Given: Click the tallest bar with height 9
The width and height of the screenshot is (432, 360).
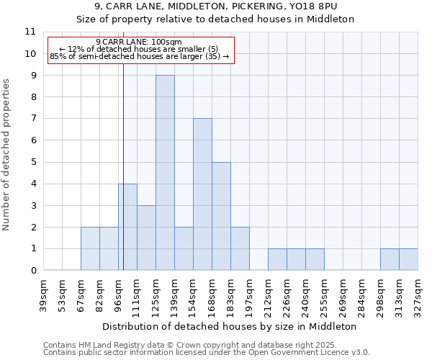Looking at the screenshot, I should click(165, 173).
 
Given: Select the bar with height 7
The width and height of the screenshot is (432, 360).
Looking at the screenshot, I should click(202, 194).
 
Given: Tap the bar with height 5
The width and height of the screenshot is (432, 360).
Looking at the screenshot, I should click(221, 216).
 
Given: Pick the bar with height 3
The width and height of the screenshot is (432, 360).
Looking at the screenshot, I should click(146, 238).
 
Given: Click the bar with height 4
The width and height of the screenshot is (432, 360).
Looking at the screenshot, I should click(127, 227).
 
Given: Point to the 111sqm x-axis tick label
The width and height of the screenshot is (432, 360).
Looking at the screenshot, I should click(137, 295).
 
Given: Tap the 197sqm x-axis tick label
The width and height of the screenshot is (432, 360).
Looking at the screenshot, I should click(249, 295).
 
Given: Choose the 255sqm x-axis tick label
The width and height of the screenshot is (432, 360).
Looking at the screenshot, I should click(324, 295).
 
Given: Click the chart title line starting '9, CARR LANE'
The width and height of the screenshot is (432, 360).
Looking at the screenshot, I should click(216, 6).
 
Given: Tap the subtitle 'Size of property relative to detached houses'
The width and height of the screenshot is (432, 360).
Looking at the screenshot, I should click(216, 19).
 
